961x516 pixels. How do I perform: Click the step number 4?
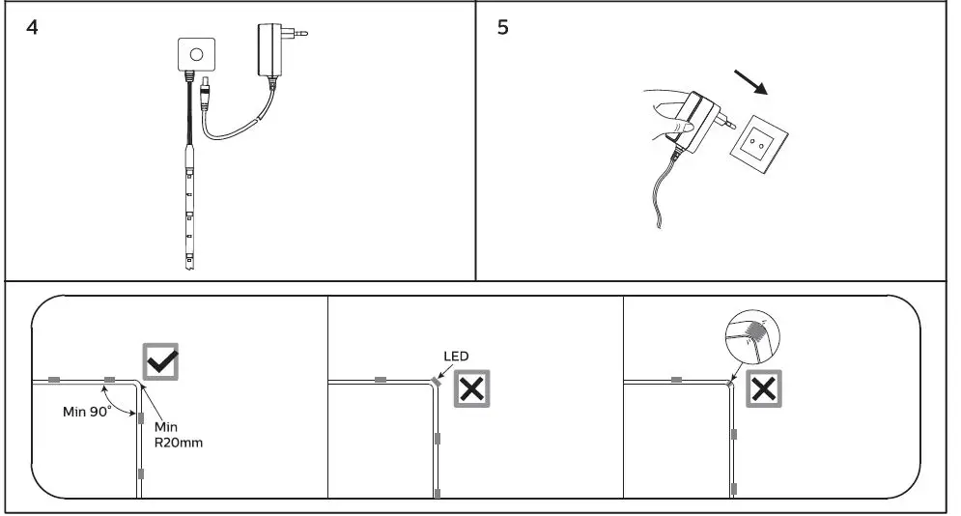32,27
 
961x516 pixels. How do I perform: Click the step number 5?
502,27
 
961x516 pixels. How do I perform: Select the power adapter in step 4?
270,52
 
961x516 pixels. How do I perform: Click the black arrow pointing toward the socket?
751,82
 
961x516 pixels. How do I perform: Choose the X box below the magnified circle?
763,389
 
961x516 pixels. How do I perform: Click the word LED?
456,357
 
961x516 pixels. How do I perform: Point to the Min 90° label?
87,411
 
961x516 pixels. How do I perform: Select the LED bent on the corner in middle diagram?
434,382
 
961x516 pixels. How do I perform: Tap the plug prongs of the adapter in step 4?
301,34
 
